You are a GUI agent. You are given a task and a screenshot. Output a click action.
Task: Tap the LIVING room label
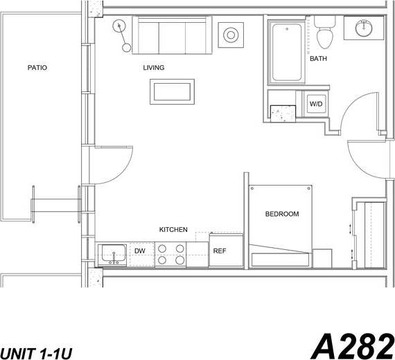point(154,68)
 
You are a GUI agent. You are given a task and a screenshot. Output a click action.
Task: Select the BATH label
point(318,59)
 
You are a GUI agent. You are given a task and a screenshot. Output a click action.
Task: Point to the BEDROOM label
point(282,214)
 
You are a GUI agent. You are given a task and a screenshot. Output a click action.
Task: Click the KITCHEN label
point(173,229)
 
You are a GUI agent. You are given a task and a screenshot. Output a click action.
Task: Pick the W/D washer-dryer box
point(316,104)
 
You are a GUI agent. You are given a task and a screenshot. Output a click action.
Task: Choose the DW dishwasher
point(139,251)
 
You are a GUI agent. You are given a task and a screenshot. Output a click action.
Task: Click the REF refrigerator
point(219,251)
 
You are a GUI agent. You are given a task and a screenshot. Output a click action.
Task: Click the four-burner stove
point(170,255)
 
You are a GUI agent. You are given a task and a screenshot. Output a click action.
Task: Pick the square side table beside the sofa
point(229,33)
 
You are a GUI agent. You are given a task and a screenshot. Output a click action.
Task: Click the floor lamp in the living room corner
point(122,31)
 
